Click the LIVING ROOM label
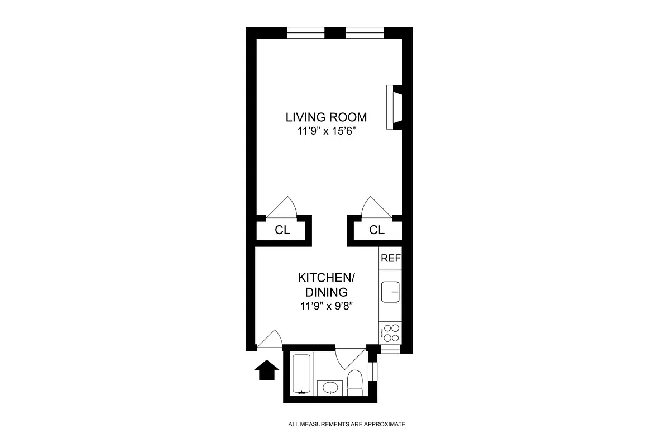tap(326, 117)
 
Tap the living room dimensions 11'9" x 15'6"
tap(326, 132)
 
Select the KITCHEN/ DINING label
tap(326, 285)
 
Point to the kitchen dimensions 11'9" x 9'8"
tap(326, 306)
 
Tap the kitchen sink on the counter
tap(390, 292)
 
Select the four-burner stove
tap(390, 333)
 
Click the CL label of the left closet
tap(282, 230)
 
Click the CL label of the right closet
tap(377, 230)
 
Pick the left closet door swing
tap(284, 208)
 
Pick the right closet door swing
tap(375, 208)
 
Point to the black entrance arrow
tap(266, 370)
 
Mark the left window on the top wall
tap(306, 32)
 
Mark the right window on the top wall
tap(365, 32)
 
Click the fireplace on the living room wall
tap(394, 108)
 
